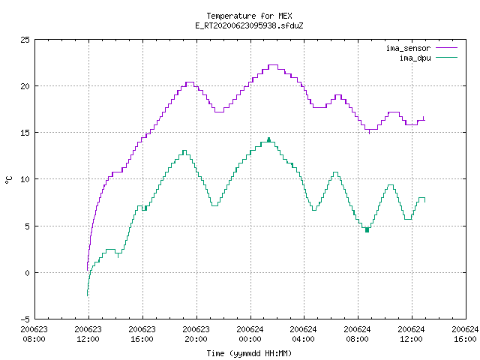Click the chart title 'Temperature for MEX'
pos(249,16)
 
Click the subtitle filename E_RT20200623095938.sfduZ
pos(249,25)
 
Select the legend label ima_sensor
pos(408,48)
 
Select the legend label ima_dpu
pos(415,58)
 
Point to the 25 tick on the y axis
pos(25,40)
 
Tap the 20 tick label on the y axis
pos(25,86)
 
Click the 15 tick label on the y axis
pos(25,133)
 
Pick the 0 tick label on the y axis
pos(27,273)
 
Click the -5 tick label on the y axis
pos(25,319)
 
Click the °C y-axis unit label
pos(8,180)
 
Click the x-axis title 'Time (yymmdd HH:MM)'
pos(249,353)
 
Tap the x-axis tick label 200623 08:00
pos(34,334)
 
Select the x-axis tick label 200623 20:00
pos(196,334)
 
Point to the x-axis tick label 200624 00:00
pos(250,334)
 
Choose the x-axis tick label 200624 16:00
pos(465,334)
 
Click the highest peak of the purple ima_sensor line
pos(273,65)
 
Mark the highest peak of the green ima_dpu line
pos(269,138)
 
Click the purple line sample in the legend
pos(447,48)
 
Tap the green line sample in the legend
pos(447,58)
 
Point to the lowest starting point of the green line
pos(88,295)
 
